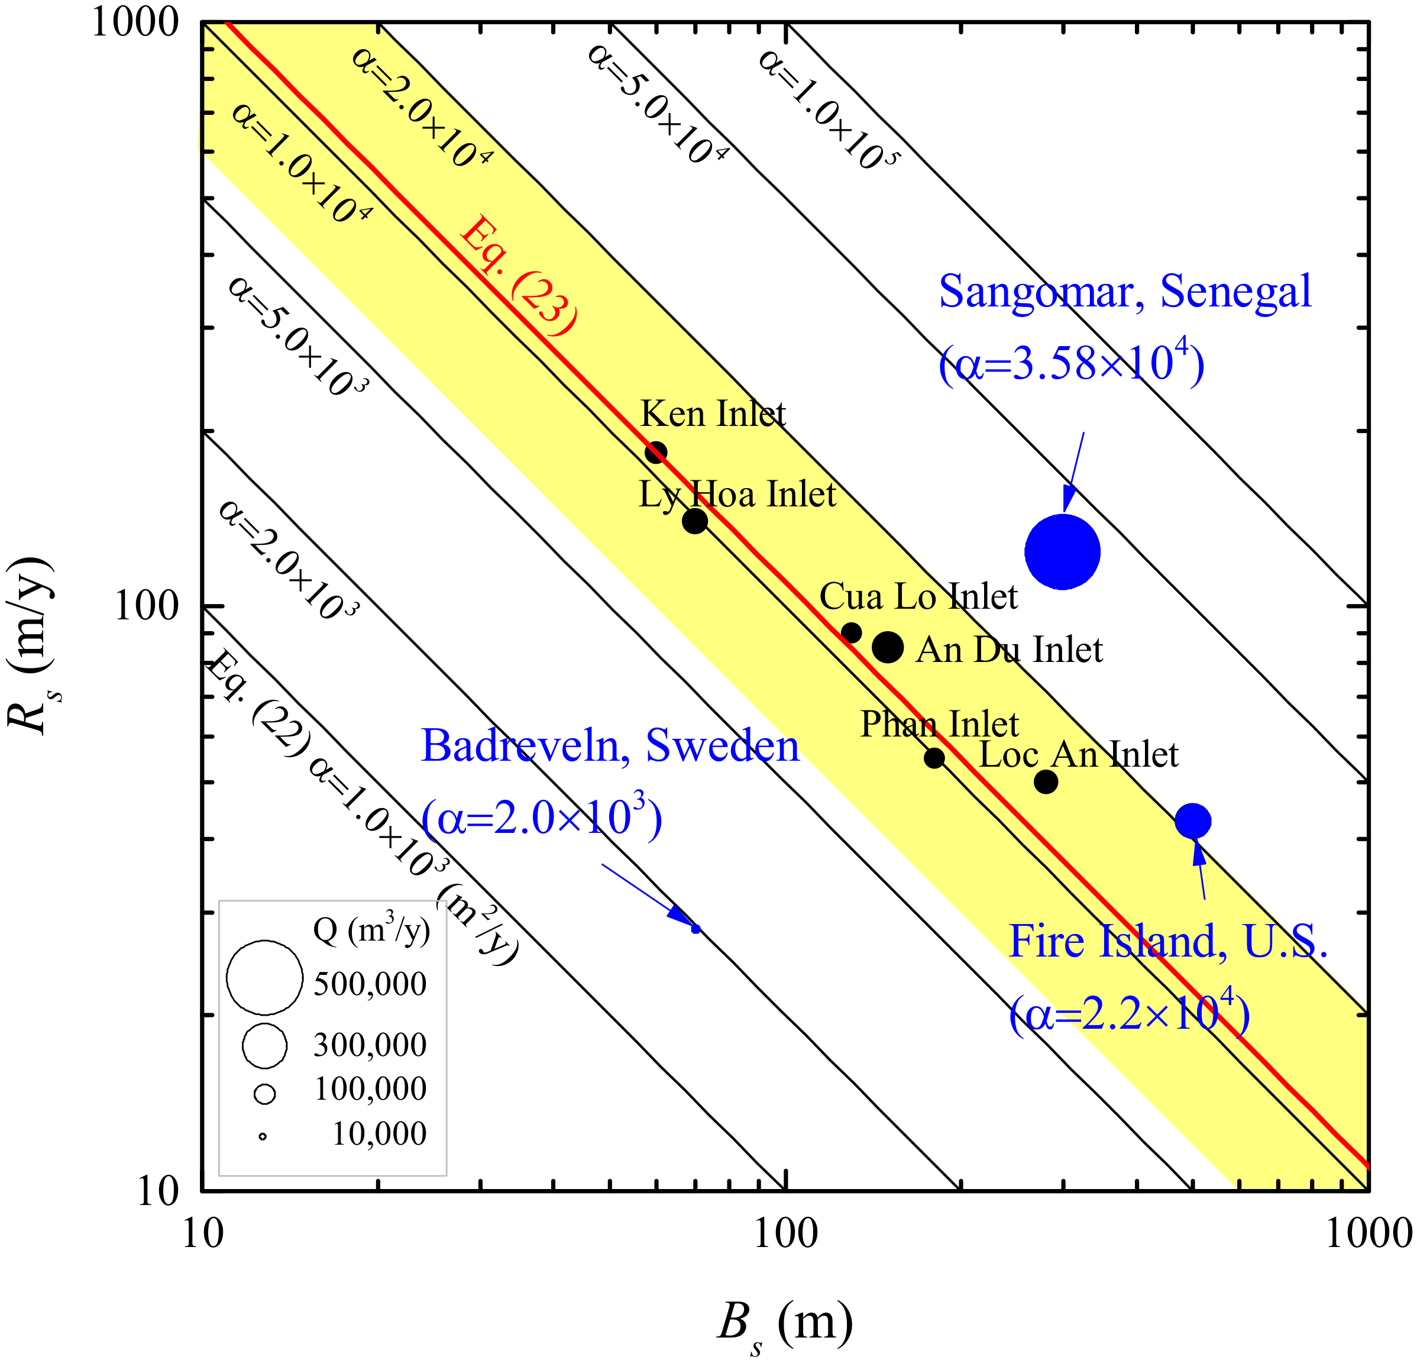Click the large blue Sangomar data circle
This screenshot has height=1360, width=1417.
(1062, 552)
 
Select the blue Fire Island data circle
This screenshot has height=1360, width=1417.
(1192, 820)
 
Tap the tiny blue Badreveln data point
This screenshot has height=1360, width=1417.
(695, 928)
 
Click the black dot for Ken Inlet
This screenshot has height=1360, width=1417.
(655, 453)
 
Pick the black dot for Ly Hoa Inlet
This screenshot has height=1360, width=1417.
(695, 520)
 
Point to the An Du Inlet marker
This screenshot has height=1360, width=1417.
(888, 647)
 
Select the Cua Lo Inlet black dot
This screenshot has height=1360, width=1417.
(852, 632)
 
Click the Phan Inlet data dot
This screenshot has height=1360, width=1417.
(934, 758)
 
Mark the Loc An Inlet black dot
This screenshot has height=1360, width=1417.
(1046, 781)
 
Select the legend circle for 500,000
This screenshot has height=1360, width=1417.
(264, 977)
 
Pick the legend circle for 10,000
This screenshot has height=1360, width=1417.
(263, 1136)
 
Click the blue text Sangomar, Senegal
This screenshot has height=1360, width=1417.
(1125, 292)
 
